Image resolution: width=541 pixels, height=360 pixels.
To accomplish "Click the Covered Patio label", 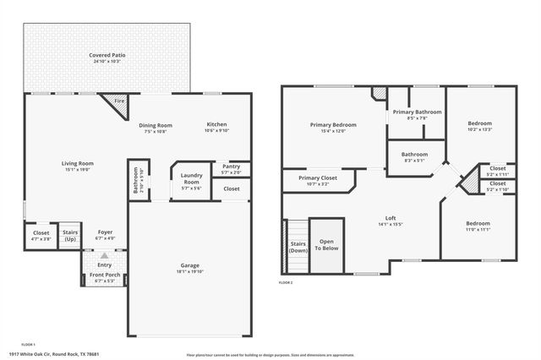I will [x=107, y=56].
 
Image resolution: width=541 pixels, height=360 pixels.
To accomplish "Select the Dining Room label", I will [x=155, y=125].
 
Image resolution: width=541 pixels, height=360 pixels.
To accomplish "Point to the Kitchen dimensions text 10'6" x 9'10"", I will [x=217, y=131].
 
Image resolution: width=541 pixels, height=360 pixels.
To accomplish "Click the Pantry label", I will [x=231, y=166].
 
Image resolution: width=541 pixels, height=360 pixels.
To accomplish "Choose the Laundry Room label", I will [x=190, y=179].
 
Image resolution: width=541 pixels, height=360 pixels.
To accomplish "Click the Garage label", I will [x=189, y=266].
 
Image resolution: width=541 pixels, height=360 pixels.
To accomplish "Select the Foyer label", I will [x=105, y=232].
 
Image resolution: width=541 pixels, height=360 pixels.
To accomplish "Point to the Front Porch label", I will [x=105, y=275].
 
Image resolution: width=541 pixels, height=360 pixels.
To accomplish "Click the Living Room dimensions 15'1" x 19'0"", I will [x=77, y=170].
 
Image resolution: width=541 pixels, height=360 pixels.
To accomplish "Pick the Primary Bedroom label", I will [x=332, y=124].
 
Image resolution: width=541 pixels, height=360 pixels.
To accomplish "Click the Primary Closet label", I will [x=318, y=177].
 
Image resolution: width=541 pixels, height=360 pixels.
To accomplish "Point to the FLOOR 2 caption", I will [x=286, y=282].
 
